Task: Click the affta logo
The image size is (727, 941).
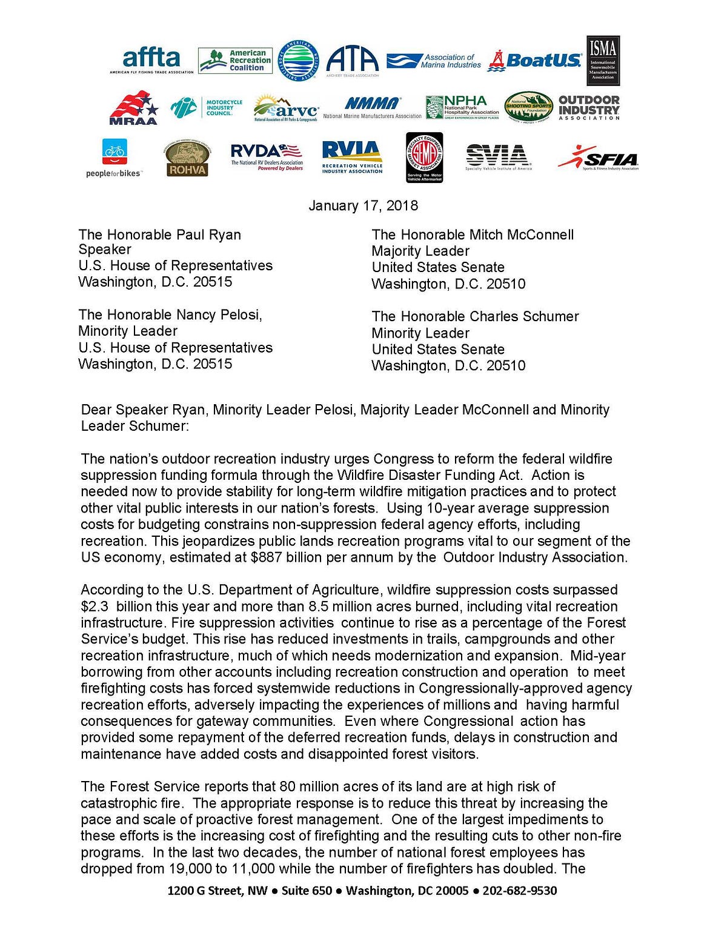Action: pos(151,61)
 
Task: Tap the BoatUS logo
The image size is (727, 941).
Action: pos(535,61)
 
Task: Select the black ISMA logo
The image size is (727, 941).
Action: pos(603,60)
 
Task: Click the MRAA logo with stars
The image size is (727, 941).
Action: pos(133,108)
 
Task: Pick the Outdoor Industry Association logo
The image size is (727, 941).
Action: pos(589,107)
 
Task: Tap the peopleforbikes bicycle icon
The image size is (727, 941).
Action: pos(115,151)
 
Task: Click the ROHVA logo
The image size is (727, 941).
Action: pos(187,159)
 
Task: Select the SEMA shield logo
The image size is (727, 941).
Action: pos(424,158)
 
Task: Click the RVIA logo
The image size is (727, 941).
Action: pos(352,157)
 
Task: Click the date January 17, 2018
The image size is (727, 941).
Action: pos(363,205)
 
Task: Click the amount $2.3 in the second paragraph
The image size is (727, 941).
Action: pos(95,607)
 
